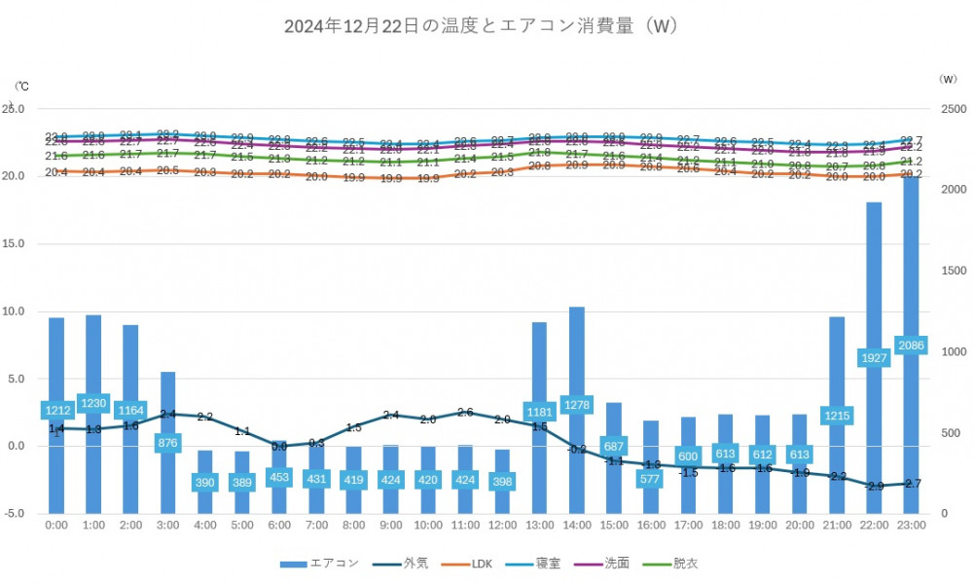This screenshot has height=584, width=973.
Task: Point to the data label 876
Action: [168, 442]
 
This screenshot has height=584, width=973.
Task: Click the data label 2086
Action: [911, 346]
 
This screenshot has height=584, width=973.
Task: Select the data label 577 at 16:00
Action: [651, 479]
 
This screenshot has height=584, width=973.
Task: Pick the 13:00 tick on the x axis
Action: [540, 525]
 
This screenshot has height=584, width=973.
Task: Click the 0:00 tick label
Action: [57, 525]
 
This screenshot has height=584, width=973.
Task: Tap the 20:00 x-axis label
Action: [800, 525]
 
